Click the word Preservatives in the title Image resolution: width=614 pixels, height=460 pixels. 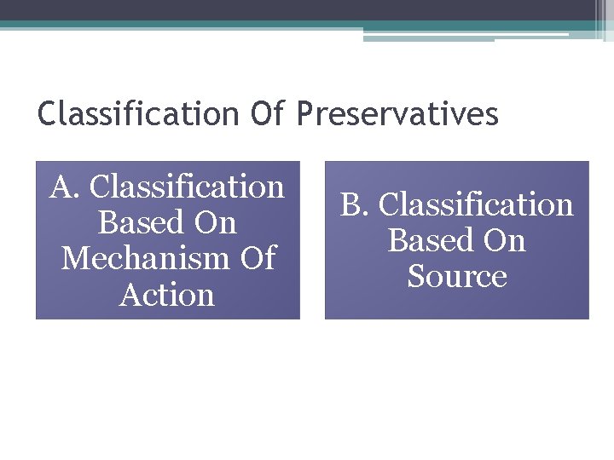pyautogui.click(x=397, y=113)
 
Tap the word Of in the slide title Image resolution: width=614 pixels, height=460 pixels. pyautogui.click(x=269, y=113)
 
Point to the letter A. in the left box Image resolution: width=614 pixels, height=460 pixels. pyautogui.click(x=64, y=187)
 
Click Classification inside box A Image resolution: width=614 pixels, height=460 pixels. pyautogui.click(x=187, y=187)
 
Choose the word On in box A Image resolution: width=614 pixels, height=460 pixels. pyautogui.click(x=215, y=223)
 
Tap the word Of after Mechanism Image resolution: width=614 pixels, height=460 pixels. pyautogui.click(x=258, y=259)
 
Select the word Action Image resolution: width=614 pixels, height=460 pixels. pyautogui.click(x=167, y=296)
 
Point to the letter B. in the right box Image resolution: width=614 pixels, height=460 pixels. pyautogui.click(x=355, y=205)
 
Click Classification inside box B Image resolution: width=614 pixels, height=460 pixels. pyautogui.click(x=476, y=205)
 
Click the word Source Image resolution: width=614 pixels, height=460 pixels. pyautogui.click(x=457, y=277)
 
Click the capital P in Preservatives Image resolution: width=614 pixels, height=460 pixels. pyautogui.click(x=304, y=113)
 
